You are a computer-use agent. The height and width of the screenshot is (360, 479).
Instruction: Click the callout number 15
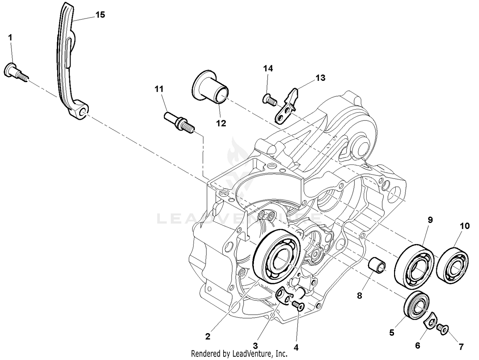100,15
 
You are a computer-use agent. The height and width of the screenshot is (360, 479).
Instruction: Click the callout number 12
221,123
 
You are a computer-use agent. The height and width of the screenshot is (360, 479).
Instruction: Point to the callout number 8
360,296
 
